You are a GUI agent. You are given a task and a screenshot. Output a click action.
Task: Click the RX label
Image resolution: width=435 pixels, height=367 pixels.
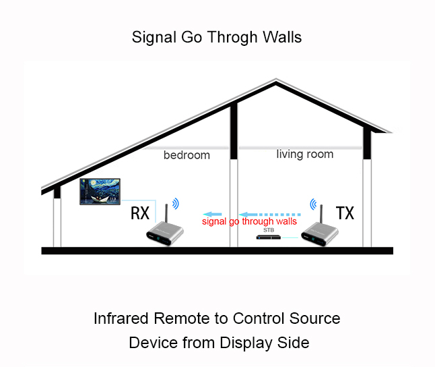140,214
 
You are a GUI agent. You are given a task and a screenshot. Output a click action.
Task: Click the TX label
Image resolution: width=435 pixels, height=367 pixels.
345,214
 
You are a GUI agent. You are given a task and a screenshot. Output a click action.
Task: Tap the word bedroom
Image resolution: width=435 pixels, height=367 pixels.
187,155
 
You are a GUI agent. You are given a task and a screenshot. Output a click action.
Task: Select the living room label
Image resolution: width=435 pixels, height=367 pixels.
305,154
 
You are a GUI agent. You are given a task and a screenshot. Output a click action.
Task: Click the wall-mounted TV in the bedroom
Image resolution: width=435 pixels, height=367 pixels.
100,192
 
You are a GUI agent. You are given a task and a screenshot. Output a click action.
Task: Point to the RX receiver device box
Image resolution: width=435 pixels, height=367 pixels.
166,235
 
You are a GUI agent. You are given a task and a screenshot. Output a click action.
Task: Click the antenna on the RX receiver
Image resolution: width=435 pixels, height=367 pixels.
166,210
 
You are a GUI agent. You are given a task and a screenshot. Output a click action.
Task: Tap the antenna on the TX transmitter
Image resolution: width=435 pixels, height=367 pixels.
321,210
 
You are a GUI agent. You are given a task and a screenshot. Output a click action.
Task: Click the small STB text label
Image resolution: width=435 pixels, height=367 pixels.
269,230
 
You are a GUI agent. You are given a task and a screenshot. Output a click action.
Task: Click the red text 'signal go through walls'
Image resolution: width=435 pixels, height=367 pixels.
249,221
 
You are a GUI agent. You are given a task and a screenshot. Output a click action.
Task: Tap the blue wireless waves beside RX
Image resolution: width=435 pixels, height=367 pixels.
176,202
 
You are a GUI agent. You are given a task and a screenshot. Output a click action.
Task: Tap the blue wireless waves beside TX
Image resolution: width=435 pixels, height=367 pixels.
312,202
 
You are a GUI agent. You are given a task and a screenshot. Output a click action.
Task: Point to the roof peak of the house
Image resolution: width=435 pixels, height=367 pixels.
275,82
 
